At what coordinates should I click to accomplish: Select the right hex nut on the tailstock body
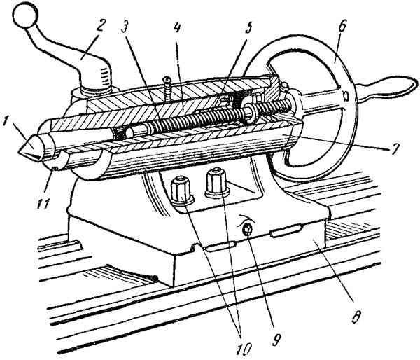click(x=217, y=183)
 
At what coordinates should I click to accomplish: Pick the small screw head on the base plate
click(x=247, y=230)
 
